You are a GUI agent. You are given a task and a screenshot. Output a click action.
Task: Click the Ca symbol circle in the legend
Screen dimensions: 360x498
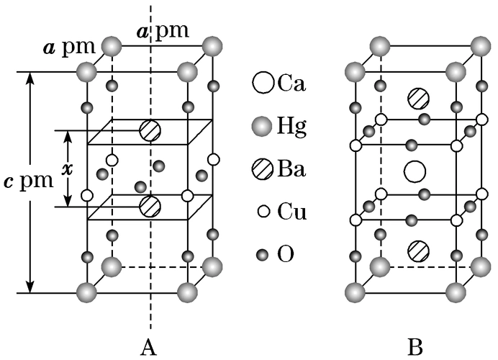click(263, 83)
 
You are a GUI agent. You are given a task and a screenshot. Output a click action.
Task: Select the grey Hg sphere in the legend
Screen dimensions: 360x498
click(263, 127)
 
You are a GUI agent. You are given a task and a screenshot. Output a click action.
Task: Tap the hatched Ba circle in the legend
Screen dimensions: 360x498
click(263, 170)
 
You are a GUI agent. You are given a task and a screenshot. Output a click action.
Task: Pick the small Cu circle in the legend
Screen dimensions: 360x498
click(263, 212)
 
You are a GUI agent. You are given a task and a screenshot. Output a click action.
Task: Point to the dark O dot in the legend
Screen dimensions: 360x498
click(263, 254)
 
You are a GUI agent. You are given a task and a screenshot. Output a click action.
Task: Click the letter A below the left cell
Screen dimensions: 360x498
click(149, 348)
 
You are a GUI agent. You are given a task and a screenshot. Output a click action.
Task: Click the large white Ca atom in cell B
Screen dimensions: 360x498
click(415, 171)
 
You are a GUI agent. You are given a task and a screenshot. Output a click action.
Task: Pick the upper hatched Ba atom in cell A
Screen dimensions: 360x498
click(150, 130)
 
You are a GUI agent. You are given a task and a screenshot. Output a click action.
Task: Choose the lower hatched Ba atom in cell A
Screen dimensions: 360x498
click(150, 205)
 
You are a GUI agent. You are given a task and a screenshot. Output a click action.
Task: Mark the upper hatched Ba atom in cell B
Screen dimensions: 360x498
click(417, 97)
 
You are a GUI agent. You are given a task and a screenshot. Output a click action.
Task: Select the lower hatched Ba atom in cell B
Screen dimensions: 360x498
click(417, 251)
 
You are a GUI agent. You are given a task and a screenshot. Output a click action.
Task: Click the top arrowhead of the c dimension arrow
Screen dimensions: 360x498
click(30, 78)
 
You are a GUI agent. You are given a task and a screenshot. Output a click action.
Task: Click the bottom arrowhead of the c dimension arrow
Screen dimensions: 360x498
click(30, 287)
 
